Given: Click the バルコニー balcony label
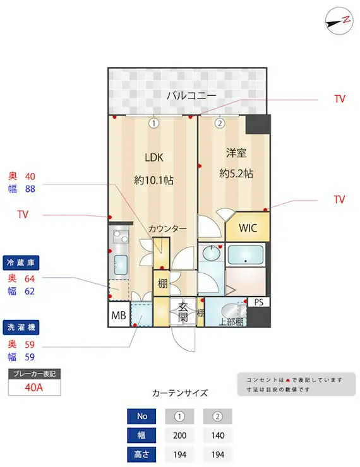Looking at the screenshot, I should tap(191, 96).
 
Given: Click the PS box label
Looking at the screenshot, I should tap(258, 302).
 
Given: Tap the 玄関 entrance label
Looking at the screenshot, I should tap(183, 312).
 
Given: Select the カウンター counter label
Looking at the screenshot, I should tap(167, 228).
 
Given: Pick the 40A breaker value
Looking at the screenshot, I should tap(33, 387).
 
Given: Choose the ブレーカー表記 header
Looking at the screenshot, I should tap(33, 374).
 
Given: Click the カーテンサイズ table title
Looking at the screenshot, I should tap(180, 393).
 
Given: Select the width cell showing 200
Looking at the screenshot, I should tap(180, 435).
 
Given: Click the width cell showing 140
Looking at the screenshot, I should tap(217, 435).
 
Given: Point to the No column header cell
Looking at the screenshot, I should tap(141, 416).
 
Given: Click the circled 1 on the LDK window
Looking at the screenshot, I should tap(153, 124).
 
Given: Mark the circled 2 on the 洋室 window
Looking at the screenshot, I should tap(220, 124).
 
